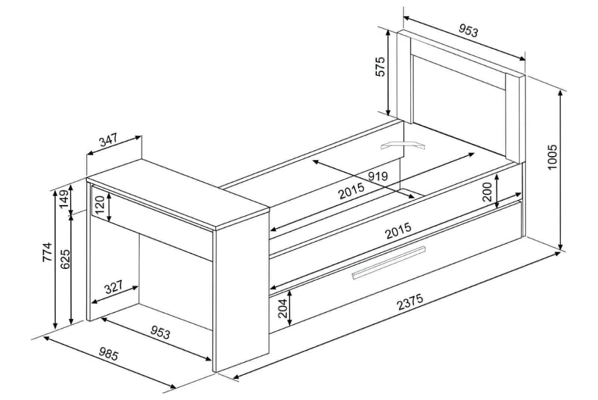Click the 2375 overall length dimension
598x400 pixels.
(x=410, y=302)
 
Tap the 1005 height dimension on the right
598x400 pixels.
(x=552, y=157)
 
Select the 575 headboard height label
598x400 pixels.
(x=380, y=67)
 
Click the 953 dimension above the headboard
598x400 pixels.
(x=468, y=31)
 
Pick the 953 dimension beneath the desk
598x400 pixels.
(x=160, y=332)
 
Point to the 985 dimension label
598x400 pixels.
(x=109, y=354)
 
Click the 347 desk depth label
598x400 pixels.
(x=108, y=140)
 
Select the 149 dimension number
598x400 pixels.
(x=64, y=199)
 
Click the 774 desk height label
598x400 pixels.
(x=47, y=252)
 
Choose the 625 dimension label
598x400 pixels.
(x=65, y=259)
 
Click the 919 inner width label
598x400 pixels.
(x=378, y=176)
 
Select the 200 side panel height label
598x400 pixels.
(x=487, y=192)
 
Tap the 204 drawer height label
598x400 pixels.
(x=282, y=308)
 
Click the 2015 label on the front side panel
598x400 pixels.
(x=398, y=231)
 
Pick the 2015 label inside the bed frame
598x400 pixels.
(x=351, y=191)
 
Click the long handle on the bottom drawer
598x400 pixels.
(x=389, y=262)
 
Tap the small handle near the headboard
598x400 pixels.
(x=403, y=145)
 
